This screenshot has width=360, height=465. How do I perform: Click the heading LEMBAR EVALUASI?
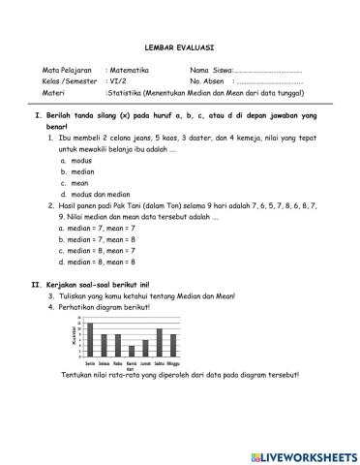pyautogui.click(x=179, y=46)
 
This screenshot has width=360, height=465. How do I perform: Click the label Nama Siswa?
pyautogui.click(x=211, y=71)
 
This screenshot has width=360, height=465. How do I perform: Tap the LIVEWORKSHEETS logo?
pyautogui.click(x=304, y=454)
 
